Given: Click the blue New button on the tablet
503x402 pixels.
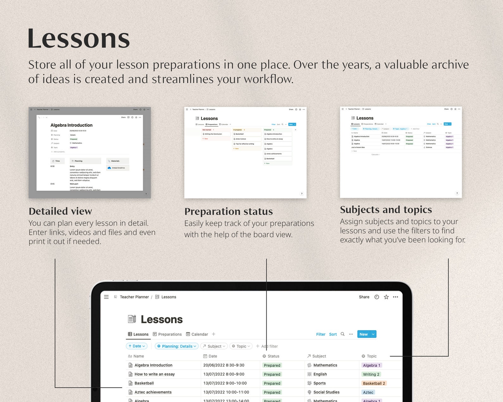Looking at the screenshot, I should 363,334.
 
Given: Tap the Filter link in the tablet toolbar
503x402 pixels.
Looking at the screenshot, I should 321,334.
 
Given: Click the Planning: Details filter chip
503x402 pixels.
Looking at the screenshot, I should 177,346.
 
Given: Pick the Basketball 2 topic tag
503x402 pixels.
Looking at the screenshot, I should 374,383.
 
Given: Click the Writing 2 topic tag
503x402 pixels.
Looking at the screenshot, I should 371,374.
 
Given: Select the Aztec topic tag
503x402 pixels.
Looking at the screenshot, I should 368,393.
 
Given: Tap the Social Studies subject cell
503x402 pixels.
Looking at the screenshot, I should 326,392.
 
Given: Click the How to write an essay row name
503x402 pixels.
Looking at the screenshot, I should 155,374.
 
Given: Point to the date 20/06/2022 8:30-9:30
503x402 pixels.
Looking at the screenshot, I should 224,365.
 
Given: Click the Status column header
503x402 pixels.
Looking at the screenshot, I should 273,356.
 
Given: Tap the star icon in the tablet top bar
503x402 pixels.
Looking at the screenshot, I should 386,297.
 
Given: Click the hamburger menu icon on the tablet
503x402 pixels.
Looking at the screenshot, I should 106,297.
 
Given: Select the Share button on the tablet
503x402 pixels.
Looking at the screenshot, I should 364,297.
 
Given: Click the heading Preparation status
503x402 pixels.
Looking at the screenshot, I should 228,211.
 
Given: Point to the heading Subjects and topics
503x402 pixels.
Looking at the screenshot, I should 386,210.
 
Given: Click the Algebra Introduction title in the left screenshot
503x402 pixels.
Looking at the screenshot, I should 72,125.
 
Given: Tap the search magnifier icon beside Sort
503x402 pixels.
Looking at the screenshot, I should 342,334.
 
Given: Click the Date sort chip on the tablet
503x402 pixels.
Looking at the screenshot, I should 137,346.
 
